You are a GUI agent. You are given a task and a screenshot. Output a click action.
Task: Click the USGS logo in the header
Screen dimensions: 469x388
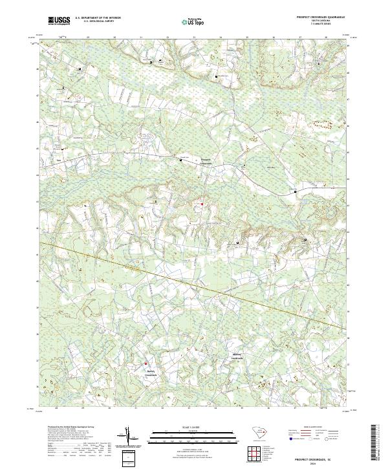59,21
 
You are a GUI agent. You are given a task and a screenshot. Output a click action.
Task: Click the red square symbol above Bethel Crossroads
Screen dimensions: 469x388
145,363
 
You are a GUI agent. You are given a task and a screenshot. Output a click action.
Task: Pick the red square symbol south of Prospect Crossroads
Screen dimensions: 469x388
201,204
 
